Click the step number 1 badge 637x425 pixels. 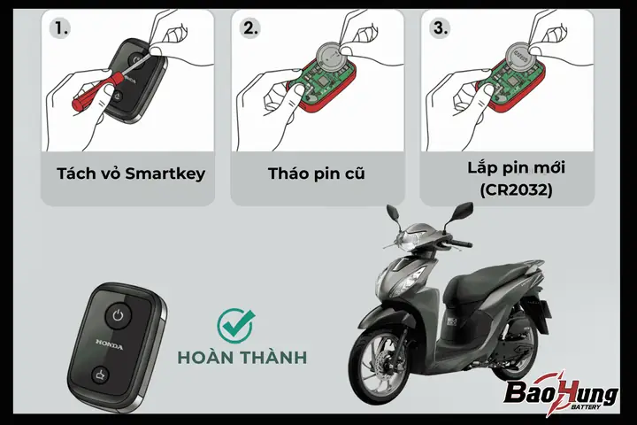(x=60, y=28)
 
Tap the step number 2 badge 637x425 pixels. (x=249, y=28)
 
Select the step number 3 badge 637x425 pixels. (x=440, y=28)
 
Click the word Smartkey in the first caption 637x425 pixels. (x=165, y=174)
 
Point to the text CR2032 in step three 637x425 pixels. (x=516, y=189)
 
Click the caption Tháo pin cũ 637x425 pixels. (x=317, y=174)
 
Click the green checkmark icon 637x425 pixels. (x=235, y=325)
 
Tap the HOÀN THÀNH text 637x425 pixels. (x=242, y=357)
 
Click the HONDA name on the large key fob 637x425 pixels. (x=110, y=344)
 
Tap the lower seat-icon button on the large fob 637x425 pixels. (x=100, y=375)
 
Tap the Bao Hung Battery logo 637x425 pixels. (x=561, y=390)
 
